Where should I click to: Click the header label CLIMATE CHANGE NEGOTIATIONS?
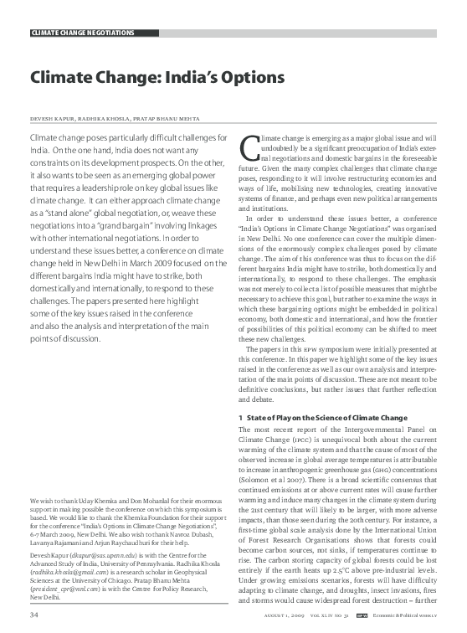coord(82,33)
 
